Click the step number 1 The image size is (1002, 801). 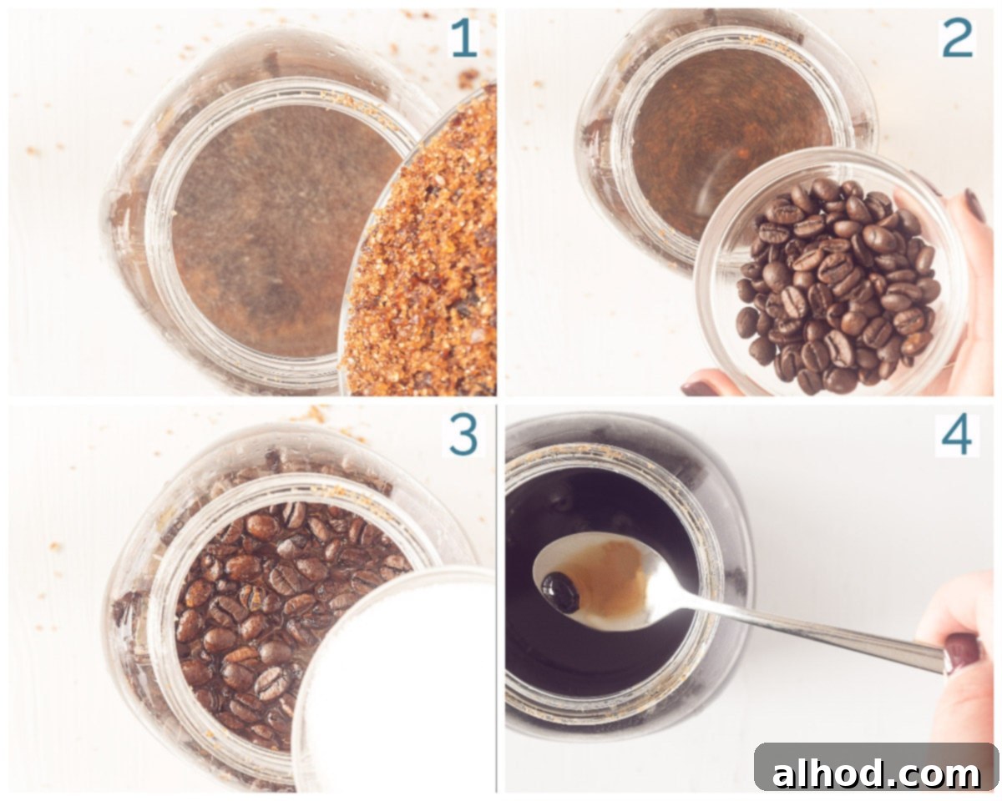464,39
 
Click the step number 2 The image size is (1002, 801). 957,39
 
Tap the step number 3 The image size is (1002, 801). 463,436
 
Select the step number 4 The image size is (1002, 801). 957,436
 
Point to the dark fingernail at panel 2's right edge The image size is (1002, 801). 974,205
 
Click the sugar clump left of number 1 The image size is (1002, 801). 468,78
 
